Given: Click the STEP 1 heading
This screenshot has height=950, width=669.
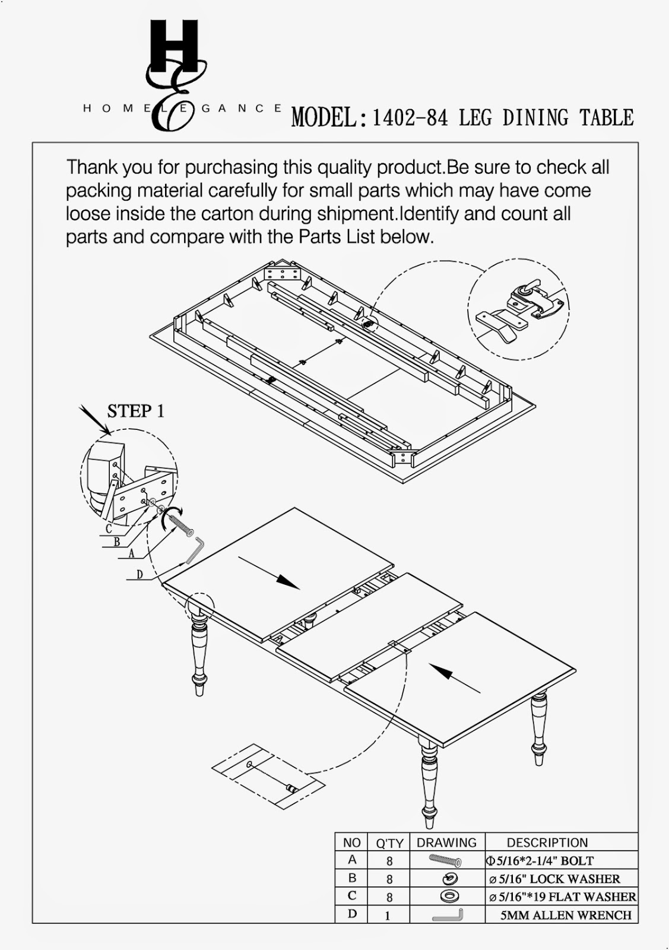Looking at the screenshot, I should pos(135,411).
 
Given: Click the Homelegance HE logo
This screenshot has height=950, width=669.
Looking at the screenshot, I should pos(175,74).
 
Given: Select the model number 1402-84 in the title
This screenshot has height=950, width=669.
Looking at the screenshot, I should pos(410,118).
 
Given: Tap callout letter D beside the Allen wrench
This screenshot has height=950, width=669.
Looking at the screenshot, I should pos(139,574).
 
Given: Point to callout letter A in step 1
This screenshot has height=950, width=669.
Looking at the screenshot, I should pos(131,553).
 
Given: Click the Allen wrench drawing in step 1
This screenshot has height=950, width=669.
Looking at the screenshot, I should pos(195,549).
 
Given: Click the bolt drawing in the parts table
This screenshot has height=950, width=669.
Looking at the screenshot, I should pos(445,860).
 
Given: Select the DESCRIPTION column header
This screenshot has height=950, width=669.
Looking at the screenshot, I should pos(547,843).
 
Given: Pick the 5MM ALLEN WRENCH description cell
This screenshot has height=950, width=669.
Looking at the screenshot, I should pos(565,915).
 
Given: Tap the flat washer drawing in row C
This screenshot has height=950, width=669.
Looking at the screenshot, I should pos(449,896).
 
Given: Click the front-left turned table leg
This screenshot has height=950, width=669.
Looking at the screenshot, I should pos(199,653).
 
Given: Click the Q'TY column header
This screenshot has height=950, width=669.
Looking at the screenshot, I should pos(389,843).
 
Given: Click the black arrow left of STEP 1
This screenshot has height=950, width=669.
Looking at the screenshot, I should pos(93,419).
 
